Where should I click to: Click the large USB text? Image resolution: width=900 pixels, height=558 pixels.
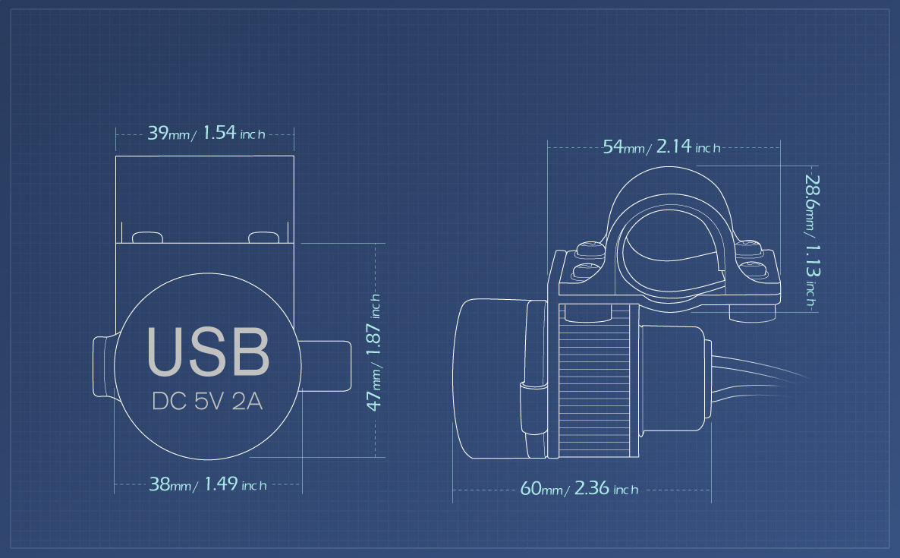coord(208,352)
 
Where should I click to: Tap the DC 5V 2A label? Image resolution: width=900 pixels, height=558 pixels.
coord(207,402)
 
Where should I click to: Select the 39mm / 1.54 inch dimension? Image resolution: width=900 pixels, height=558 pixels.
coord(206,133)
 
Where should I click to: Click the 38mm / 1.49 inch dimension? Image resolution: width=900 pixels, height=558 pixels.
coord(208,484)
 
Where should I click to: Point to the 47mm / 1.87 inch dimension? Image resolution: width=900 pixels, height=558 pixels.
coord(373,352)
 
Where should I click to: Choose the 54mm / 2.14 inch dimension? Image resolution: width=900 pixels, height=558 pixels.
coord(661,147)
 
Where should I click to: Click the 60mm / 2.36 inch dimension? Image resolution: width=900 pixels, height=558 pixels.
coord(579,489)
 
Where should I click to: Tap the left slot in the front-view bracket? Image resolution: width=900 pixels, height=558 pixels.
coord(147,237)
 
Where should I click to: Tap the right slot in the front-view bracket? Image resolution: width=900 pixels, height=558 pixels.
coord(263,237)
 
